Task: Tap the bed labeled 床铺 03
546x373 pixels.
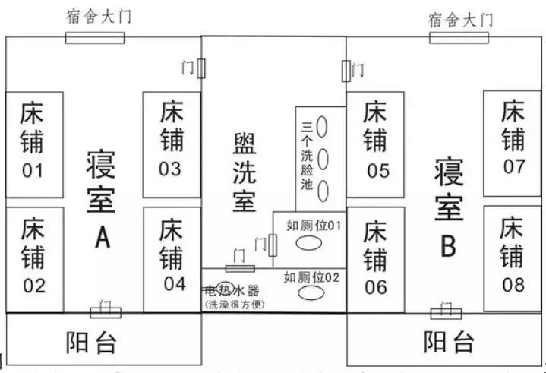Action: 170,141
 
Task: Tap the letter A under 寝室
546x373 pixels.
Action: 103,238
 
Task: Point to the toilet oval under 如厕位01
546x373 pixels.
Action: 308,243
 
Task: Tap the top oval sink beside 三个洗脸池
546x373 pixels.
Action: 323,125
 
